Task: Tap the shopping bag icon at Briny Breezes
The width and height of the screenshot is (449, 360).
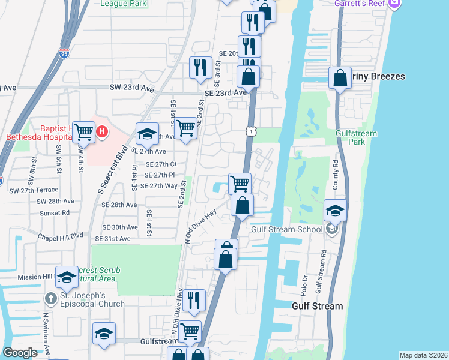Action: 340,78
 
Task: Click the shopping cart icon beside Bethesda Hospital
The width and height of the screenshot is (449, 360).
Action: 84,132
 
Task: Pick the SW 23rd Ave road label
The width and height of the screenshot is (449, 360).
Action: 131,88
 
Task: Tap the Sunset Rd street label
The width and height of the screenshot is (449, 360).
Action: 56,212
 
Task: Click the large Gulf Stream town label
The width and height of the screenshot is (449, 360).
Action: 317,306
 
